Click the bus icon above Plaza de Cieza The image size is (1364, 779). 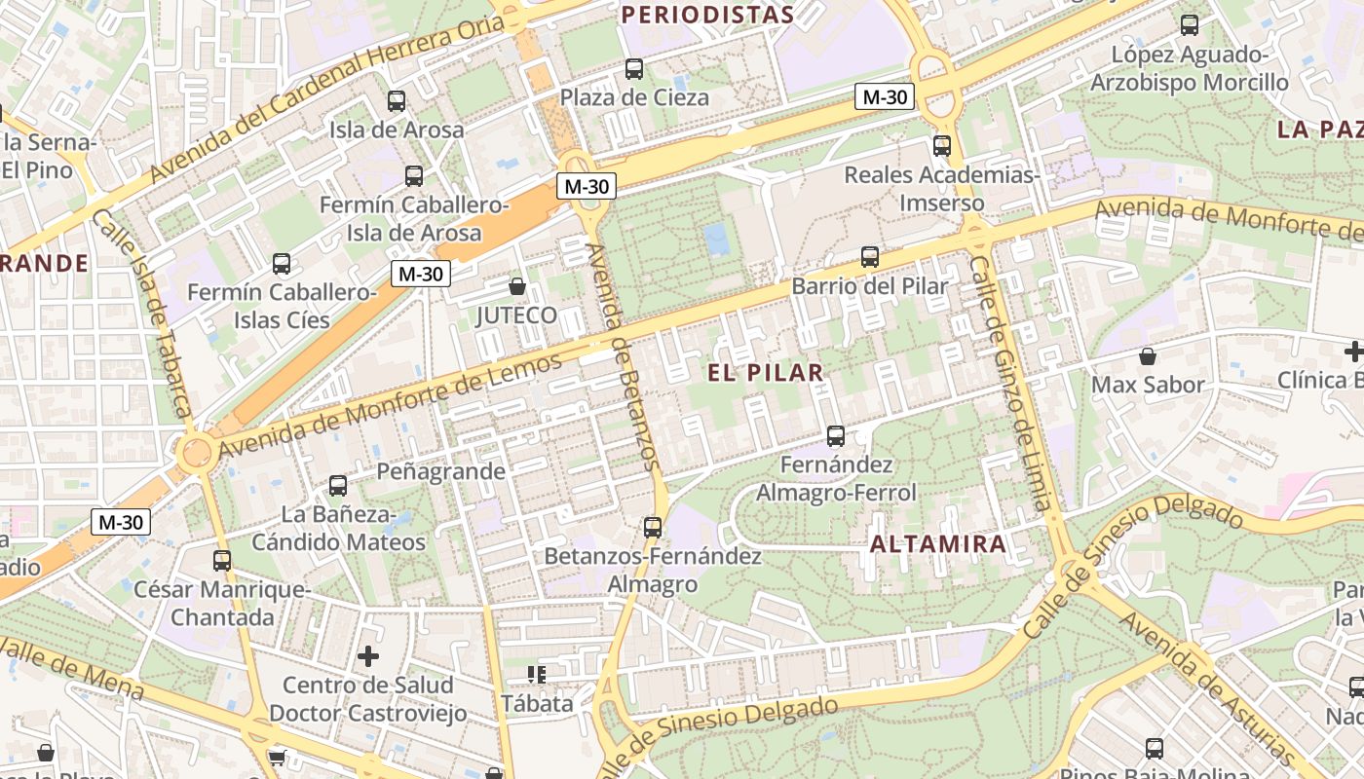(634, 69)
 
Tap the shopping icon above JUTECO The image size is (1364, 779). (517, 286)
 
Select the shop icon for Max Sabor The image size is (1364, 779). (1148, 356)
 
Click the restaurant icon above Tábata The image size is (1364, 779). (536, 674)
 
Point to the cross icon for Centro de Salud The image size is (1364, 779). (367, 656)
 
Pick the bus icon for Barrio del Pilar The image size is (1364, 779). (869, 257)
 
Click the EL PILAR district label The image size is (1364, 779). (766, 372)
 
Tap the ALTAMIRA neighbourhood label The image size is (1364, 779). (937, 544)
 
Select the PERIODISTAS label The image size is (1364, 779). (707, 15)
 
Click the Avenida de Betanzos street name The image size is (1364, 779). (625, 355)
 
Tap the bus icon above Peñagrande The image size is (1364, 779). (338, 485)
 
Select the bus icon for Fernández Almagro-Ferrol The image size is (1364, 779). (836, 435)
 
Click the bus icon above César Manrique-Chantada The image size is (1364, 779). (222, 560)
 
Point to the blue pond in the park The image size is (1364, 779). (717, 239)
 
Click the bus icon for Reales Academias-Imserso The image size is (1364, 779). (941, 146)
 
